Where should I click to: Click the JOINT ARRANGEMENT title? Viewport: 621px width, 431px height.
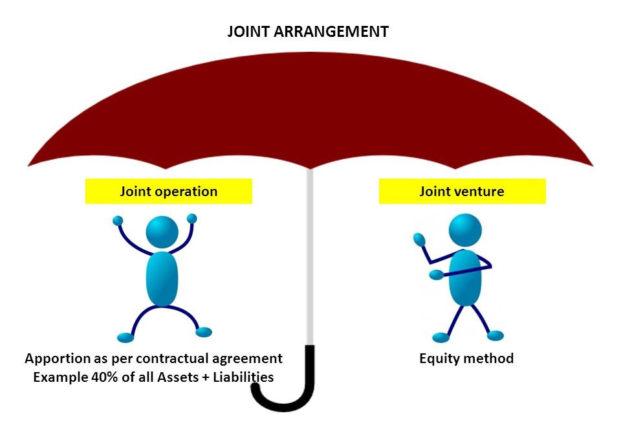[x=308, y=32]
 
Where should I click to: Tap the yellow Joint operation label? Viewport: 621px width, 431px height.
[x=168, y=192]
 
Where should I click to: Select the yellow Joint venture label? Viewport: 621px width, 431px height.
[x=462, y=192]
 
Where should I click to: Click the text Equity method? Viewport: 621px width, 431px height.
[x=466, y=359]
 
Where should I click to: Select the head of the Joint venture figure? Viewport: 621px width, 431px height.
[x=465, y=229]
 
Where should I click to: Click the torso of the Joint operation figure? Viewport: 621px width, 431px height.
[x=162, y=278]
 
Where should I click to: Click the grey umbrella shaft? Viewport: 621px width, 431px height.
[x=310, y=259]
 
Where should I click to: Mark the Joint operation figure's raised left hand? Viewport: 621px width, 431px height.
[x=118, y=221]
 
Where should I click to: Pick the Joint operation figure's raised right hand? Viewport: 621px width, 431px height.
[x=191, y=218]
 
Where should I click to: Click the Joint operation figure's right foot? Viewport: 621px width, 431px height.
[x=204, y=332]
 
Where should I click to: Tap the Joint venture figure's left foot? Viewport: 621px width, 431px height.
[x=441, y=337]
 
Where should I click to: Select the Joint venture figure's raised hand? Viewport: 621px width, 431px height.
[x=419, y=239]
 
